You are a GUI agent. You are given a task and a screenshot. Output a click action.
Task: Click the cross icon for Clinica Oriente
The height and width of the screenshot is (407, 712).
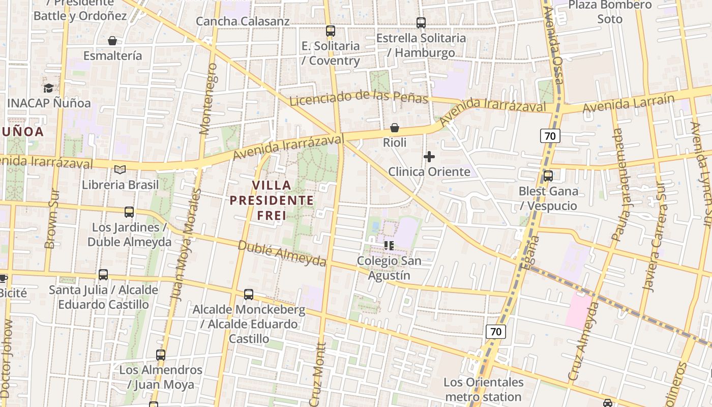[429, 157]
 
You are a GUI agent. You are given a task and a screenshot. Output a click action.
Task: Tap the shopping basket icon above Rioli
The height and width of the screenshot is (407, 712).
[394, 128]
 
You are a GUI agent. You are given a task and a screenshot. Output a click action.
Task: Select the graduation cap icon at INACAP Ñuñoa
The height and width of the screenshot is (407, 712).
[48, 88]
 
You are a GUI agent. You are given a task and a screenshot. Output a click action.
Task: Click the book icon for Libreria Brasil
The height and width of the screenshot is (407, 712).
[120, 169]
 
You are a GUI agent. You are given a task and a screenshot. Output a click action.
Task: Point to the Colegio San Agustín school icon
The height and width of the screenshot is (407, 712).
[389, 246]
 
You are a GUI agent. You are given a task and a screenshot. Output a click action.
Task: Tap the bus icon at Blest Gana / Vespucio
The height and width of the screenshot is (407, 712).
[548, 176]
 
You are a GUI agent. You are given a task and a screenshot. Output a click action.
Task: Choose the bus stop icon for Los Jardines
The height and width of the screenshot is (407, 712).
[129, 212]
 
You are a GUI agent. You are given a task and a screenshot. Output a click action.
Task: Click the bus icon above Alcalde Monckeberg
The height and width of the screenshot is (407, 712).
[248, 294]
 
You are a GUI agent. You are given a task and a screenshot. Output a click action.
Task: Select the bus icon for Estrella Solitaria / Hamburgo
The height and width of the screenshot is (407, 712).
[421, 23]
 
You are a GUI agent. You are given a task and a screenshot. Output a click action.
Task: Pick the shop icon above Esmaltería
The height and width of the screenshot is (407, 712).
[112, 41]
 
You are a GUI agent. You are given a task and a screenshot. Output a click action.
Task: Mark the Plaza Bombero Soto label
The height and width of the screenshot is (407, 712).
[610, 12]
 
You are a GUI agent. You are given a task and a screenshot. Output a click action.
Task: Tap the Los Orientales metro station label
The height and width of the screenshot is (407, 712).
[483, 389]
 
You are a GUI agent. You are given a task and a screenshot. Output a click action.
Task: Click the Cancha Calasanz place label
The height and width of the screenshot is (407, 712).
[243, 21]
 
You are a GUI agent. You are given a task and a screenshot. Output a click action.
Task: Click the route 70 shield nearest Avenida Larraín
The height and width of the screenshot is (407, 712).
[550, 136]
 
